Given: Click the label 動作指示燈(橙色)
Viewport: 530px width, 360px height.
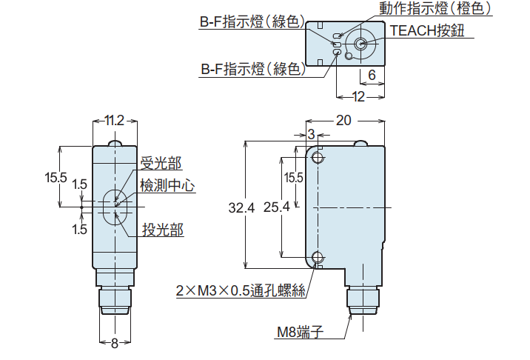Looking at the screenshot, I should [x=435, y=9].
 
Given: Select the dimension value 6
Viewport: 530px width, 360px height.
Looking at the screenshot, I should [x=372, y=75].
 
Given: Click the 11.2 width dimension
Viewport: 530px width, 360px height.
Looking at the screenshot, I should [x=114, y=121].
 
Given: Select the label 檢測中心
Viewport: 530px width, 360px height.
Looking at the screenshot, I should [x=167, y=186].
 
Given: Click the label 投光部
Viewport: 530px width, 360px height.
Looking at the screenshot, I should [x=163, y=230].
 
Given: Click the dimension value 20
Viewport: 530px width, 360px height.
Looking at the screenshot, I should [x=344, y=121].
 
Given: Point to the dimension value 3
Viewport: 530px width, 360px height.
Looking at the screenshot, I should [x=311, y=134].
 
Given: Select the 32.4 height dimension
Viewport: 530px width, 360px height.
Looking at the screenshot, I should [x=241, y=209].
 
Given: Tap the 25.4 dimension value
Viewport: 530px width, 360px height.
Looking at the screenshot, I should [x=276, y=209].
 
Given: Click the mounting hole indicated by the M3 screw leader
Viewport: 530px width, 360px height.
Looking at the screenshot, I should [x=318, y=257].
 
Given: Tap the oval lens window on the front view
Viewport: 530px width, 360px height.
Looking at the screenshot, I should [x=115, y=207].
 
